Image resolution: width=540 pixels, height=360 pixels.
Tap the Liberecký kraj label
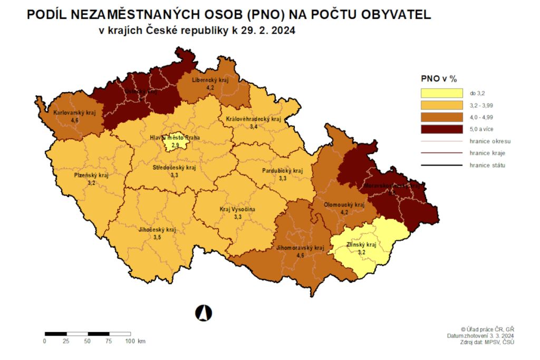point(210,80)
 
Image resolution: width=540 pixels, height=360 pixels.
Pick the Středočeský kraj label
point(174,168)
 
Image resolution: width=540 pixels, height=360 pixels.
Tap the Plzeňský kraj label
point(91,176)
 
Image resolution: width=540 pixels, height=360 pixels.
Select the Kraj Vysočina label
point(237,209)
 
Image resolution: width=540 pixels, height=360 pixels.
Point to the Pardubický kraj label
point(283,171)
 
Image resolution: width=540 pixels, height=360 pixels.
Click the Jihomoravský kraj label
point(299,248)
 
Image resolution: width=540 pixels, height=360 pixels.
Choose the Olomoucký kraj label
point(344,205)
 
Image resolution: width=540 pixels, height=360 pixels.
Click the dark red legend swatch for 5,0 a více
point(441,129)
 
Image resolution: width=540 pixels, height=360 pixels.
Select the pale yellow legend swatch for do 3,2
point(441,93)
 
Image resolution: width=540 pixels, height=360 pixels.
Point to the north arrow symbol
point(204,313)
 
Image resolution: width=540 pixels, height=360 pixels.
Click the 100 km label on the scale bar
point(134,341)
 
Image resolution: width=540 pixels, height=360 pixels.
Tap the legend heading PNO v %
point(439,79)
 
